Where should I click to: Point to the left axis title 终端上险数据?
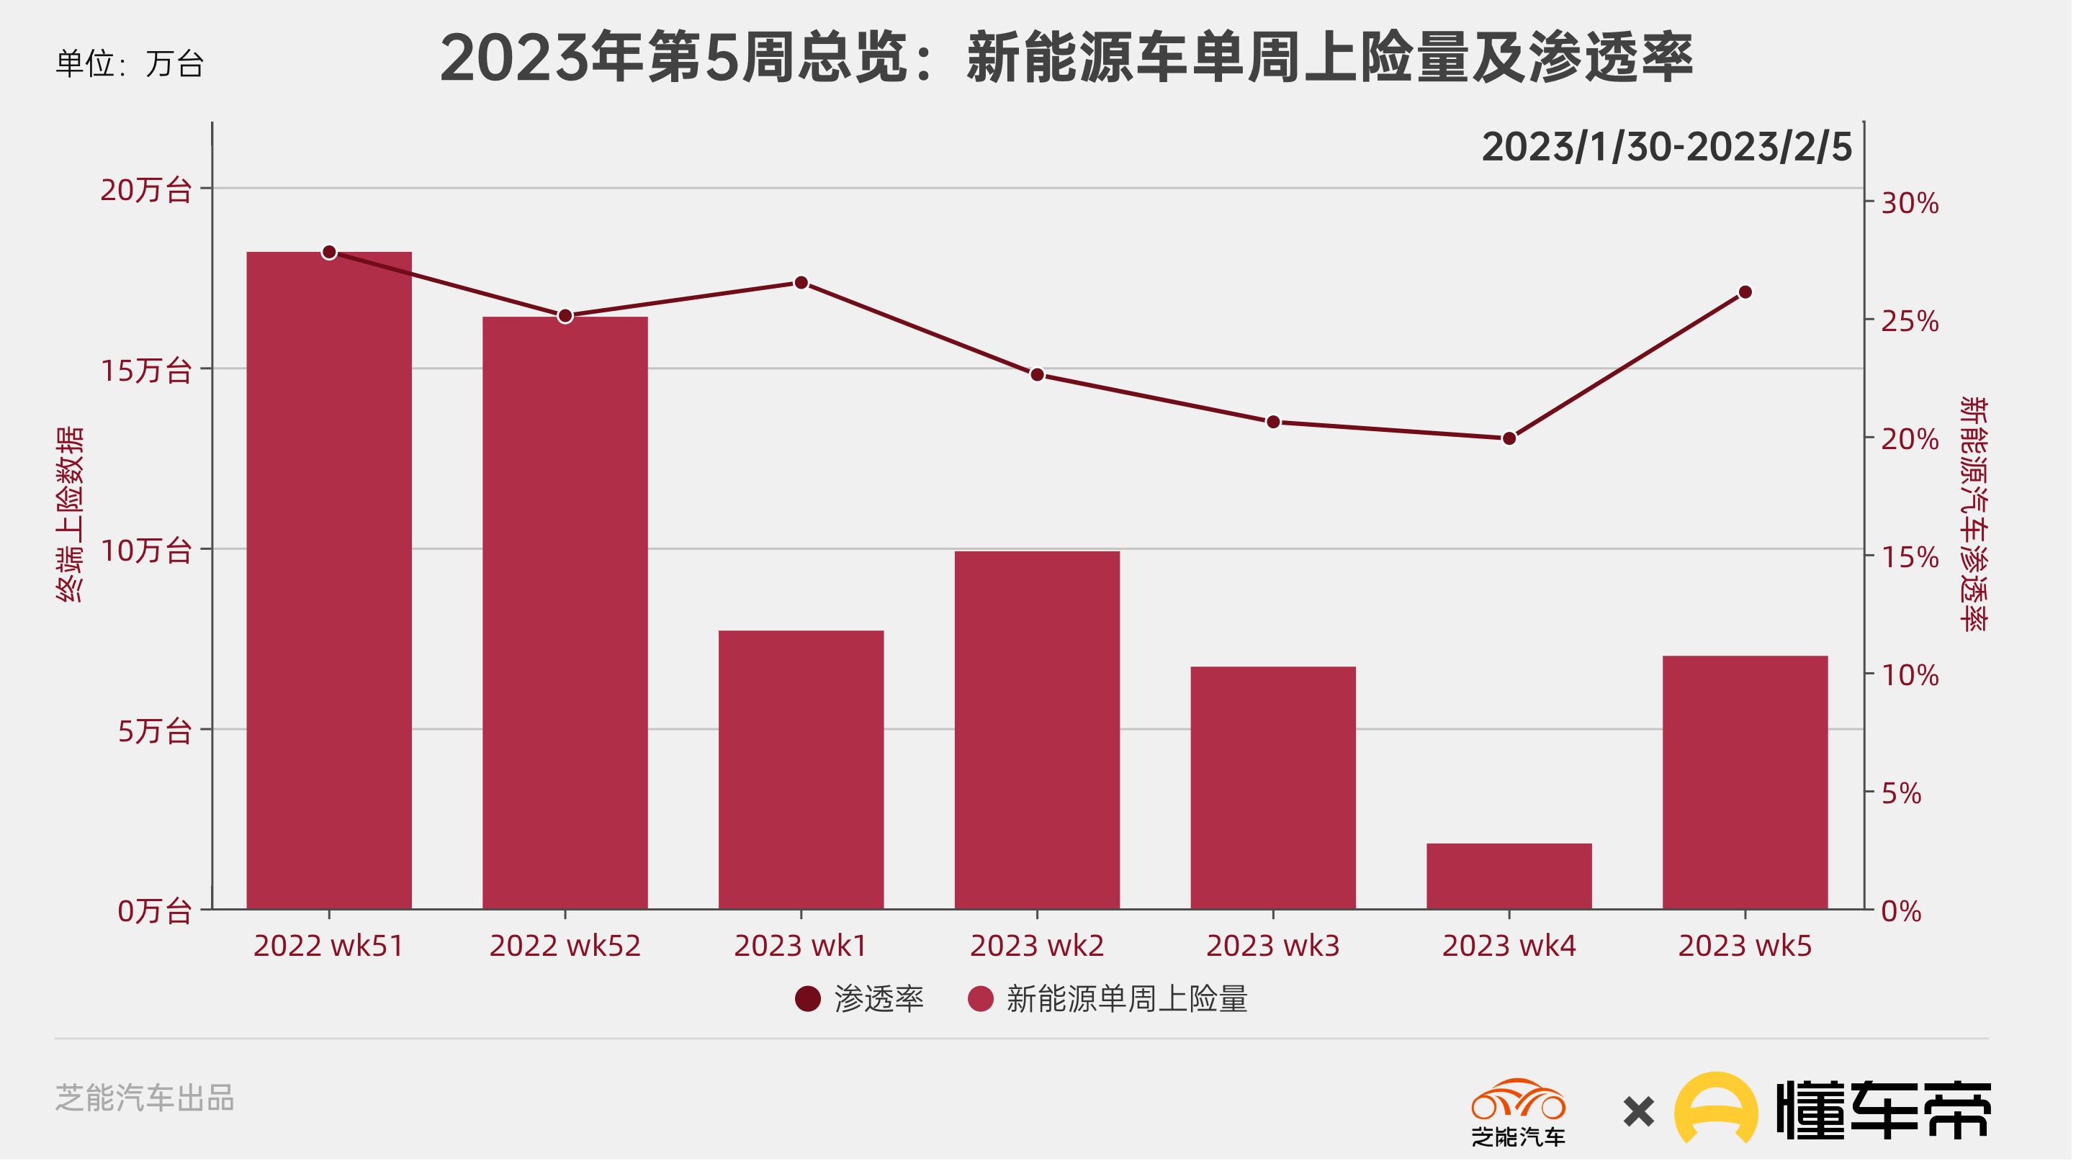[x=69, y=516]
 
